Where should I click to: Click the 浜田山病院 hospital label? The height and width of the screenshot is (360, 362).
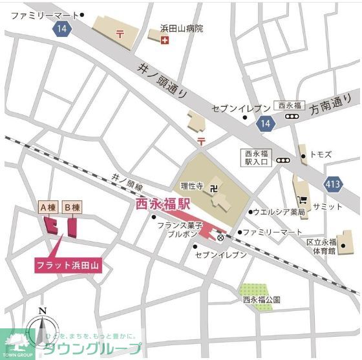coord(182,28)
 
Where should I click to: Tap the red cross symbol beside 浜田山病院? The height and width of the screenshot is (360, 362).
coord(165,40)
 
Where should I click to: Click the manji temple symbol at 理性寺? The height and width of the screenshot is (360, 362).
coord(215,188)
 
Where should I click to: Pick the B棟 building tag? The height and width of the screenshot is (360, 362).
coord(72,207)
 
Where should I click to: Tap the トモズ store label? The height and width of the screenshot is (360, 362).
coord(321,155)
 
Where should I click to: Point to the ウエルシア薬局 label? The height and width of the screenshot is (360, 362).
coord(279,211)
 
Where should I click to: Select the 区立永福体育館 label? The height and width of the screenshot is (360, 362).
coord(321,246)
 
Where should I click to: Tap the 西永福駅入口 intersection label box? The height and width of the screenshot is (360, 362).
coord(258,158)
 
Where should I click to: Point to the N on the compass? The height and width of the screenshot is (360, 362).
coord(42,311)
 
